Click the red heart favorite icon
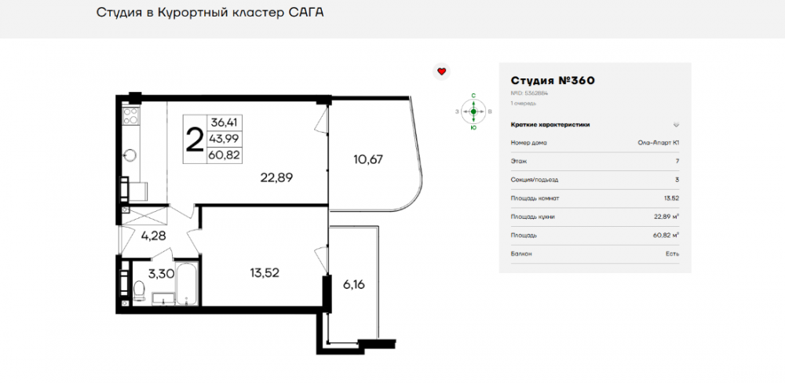(441, 71)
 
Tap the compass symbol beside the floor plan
(473, 111)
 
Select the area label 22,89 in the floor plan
(276, 177)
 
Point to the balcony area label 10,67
(368, 160)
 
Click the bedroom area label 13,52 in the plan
(264, 273)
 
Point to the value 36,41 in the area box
(224, 122)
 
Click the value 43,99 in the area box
(224, 139)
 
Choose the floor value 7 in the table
(676, 162)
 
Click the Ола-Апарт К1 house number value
(659, 143)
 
